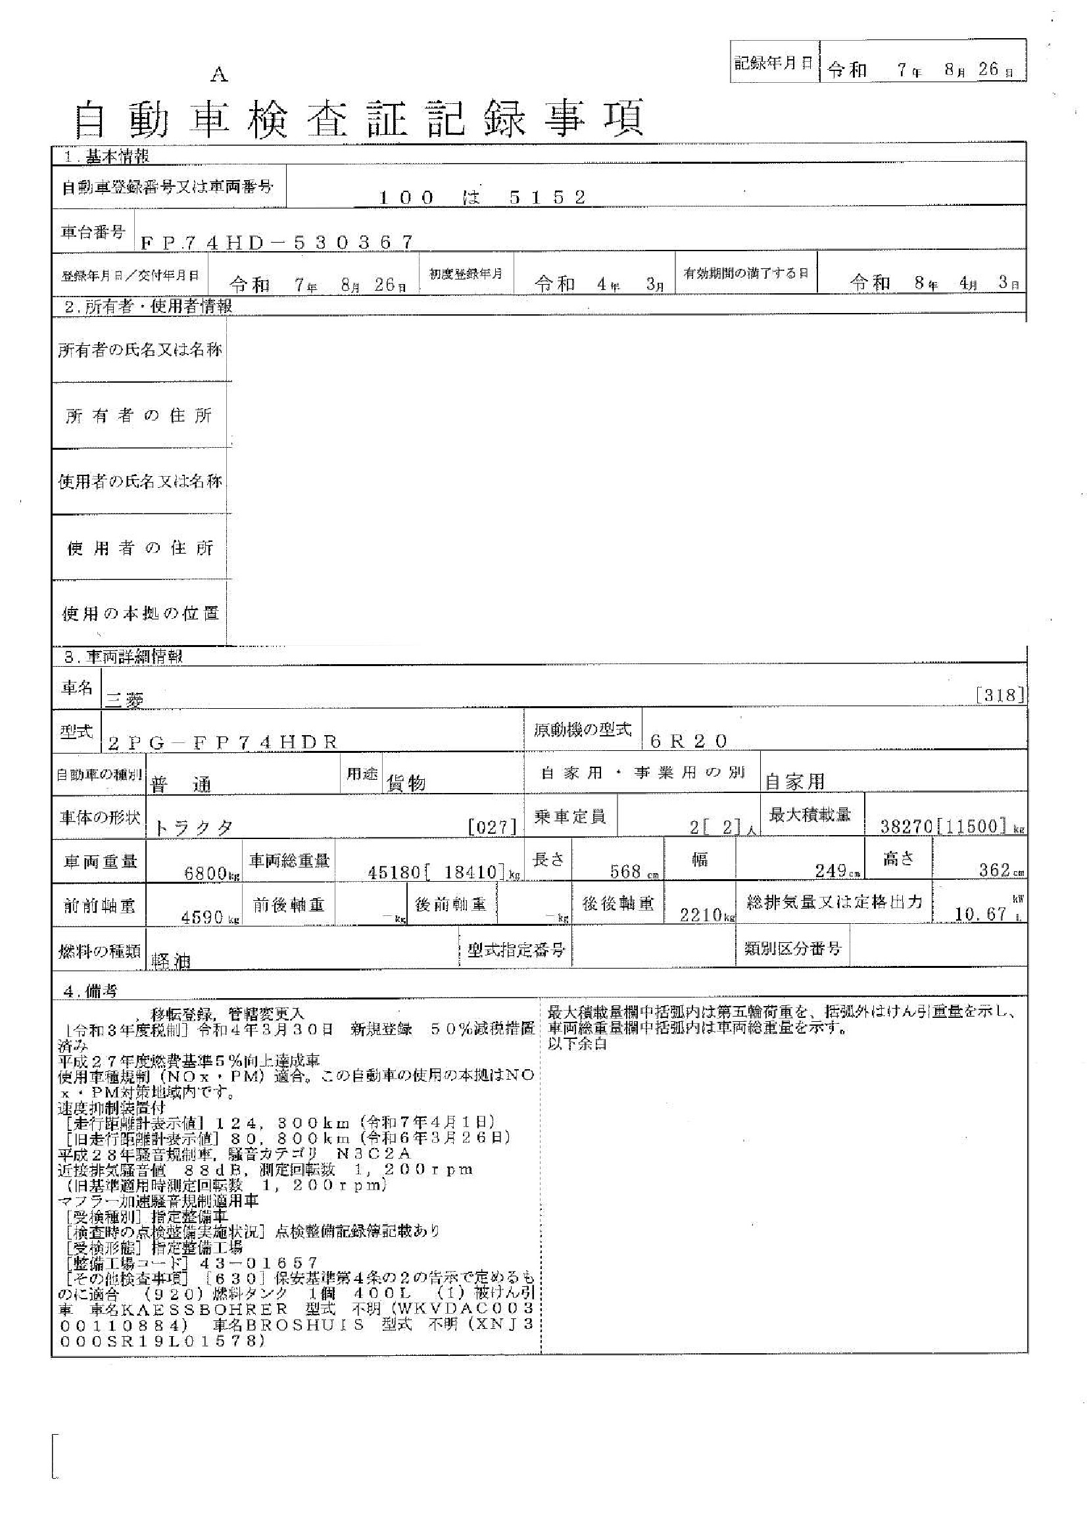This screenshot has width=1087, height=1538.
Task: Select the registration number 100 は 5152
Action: [x=482, y=197]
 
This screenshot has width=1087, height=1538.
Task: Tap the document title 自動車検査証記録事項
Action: [x=358, y=118]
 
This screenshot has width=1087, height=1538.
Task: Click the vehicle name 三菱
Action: [x=124, y=699]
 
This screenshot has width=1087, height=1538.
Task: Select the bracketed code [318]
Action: [x=1000, y=695]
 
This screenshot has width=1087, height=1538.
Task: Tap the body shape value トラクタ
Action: [x=193, y=828]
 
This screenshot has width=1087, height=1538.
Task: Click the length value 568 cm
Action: [x=629, y=871]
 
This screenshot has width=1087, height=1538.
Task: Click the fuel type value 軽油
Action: [x=172, y=961]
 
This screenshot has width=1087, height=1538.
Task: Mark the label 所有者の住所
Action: [x=139, y=416]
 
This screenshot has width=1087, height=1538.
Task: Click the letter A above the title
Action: [x=219, y=75]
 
